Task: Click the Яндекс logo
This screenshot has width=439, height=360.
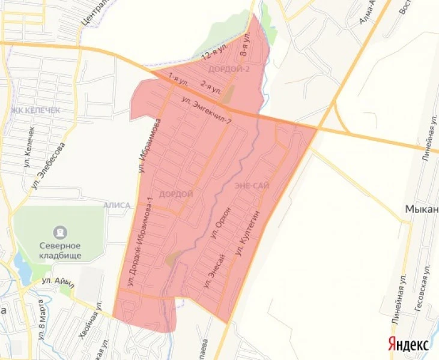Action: (x=408, y=344)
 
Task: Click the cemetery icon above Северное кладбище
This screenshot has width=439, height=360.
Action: (x=60, y=231)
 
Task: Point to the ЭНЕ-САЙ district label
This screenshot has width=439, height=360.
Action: (x=252, y=187)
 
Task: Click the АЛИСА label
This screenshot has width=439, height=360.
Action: (x=117, y=205)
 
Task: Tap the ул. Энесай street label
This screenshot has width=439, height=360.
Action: (x=214, y=272)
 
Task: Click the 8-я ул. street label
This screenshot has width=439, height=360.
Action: (x=245, y=46)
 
